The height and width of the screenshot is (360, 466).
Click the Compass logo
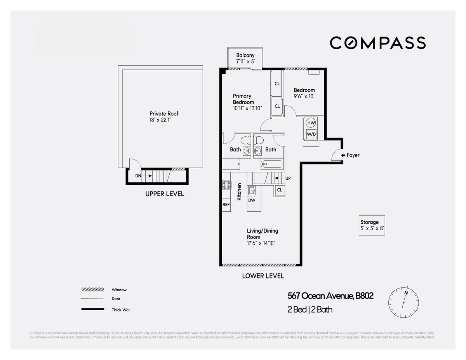coord(377,43)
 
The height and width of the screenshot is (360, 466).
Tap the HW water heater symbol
coord(311,123)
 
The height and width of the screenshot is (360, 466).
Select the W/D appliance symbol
coord(311,134)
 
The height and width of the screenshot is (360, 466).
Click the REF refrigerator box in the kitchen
coord(226,204)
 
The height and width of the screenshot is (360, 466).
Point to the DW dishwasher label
coord(252,200)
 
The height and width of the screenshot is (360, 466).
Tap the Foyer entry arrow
coord(343,155)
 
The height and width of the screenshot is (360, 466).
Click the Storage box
coord(372,225)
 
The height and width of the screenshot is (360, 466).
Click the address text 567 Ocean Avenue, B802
coord(330,296)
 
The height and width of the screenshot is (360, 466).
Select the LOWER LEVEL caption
coord(263,276)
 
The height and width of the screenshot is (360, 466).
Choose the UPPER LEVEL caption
coord(165,194)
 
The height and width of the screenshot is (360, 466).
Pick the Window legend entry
coord(119,290)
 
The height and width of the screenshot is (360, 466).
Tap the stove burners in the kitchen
coord(226,185)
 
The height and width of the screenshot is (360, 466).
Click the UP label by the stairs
coord(288,178)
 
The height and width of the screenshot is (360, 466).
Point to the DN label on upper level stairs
coord(138,176)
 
